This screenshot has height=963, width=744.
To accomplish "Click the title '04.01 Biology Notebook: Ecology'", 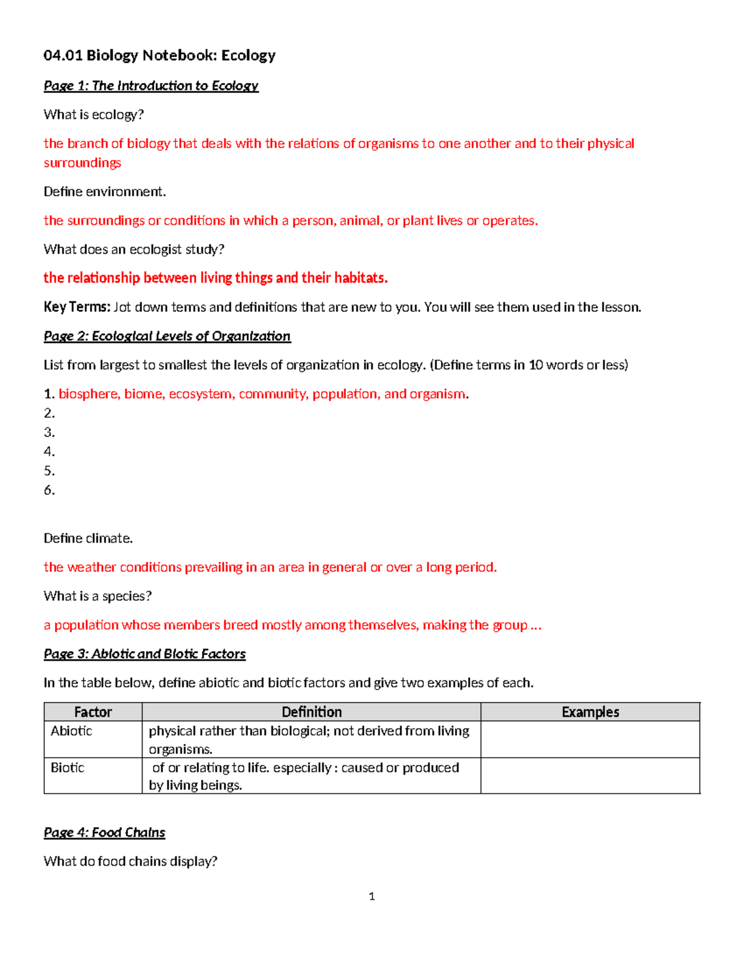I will (159, 56).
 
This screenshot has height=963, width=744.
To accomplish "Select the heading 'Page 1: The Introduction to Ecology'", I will (151, 86).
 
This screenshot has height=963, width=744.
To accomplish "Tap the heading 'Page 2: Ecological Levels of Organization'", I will (167, 336).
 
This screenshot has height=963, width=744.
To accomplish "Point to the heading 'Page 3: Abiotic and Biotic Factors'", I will (144, 654).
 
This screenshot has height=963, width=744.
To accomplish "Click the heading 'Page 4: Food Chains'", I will (104, 832).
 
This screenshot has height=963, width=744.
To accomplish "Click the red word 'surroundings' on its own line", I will (82, 162).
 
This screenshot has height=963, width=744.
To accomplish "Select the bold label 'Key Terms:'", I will (77, 307).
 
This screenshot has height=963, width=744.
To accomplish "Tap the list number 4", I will (49, 451).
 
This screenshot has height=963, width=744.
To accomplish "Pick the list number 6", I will (49, 490).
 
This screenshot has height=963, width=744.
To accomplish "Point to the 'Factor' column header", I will (93, 712).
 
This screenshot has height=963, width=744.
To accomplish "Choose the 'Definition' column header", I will (311, 712).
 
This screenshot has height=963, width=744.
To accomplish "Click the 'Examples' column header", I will (590, 712).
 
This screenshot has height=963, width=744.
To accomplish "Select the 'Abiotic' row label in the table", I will (71, 731).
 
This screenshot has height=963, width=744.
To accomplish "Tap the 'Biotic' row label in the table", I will (68, 768).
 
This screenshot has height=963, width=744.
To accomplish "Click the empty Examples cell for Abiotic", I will (590, 739).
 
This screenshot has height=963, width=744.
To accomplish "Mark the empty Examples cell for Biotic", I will (590, 776).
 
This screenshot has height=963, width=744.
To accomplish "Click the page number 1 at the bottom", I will (371, 896).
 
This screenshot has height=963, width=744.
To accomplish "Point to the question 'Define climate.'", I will (88, 538).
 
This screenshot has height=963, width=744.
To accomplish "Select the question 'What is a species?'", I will (97, 596).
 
